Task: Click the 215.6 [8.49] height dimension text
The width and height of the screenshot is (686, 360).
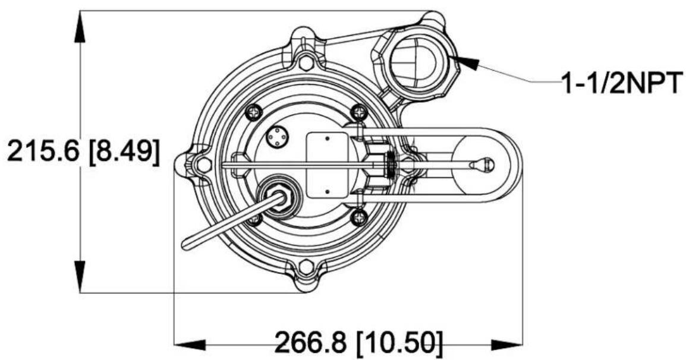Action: (x=83, y=152)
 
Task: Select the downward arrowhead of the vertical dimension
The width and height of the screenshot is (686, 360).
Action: (x=80, y=277)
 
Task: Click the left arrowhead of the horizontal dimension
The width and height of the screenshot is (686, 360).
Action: (x=190, y=345)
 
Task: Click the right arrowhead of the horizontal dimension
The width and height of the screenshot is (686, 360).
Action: (x=506, y=345)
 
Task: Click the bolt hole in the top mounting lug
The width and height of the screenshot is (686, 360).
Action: (x=306, y=62)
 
